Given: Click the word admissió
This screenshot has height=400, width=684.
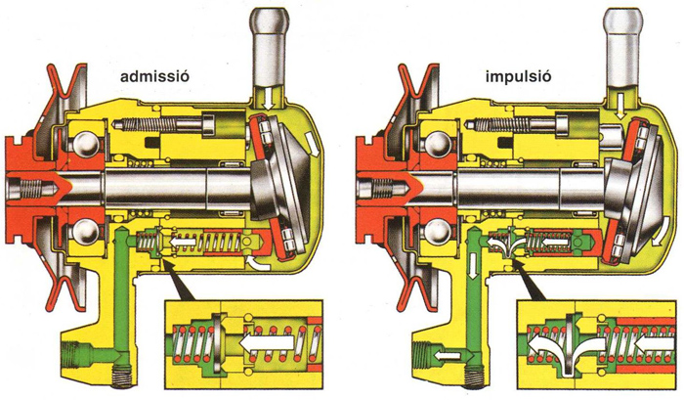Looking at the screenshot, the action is pos(154,76).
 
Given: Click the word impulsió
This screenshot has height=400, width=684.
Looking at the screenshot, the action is pos(518,77).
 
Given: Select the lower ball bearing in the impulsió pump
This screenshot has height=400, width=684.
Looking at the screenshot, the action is pos(436,229).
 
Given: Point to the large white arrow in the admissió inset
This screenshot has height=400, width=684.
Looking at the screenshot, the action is pos(267,343).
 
